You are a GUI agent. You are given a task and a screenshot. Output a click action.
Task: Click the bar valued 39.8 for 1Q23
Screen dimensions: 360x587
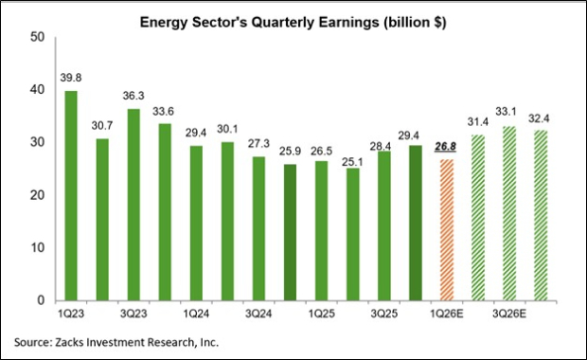pos(71,195)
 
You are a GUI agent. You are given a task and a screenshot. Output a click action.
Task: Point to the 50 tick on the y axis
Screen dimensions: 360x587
pos(38,36)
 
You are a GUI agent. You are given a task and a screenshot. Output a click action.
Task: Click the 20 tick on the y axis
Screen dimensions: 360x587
pos(38,195)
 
